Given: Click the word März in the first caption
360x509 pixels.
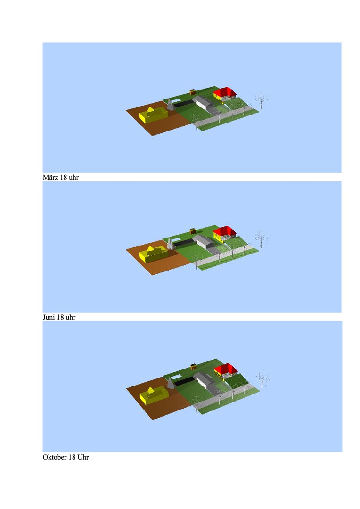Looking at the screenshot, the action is [50, 177].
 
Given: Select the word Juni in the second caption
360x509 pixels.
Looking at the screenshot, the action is [49, 317].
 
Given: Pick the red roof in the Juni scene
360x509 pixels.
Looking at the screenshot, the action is [225, 231].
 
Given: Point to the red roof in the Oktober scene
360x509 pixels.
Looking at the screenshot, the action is [226, 369].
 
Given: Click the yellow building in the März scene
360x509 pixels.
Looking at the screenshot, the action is [154, 115].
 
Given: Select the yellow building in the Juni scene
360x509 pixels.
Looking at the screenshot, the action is [154, 254].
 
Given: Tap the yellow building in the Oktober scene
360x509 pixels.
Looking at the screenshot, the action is [154, 395].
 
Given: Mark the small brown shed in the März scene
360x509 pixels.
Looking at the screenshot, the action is [192, 92].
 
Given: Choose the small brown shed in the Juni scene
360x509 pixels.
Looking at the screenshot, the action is [192, 231].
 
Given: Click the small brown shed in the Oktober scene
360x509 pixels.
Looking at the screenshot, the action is [194, 367].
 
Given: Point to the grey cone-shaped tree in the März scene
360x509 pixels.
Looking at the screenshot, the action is [170, 105].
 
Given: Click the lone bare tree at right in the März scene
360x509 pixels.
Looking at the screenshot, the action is [261, 101].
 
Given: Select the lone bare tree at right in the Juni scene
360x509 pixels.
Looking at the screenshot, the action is [261, 239].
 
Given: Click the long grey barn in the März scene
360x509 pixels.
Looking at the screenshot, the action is [204, 103].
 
